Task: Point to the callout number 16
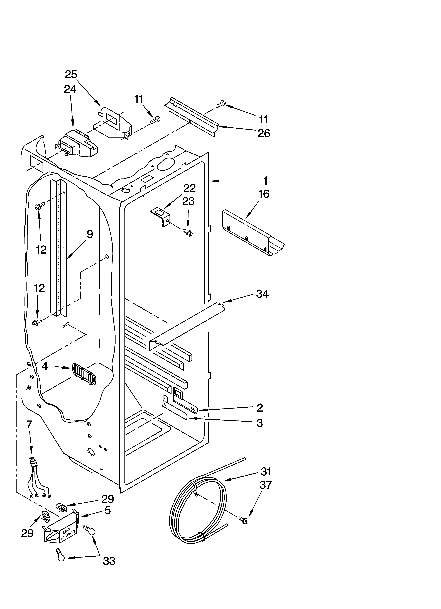(x=264, y=194)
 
